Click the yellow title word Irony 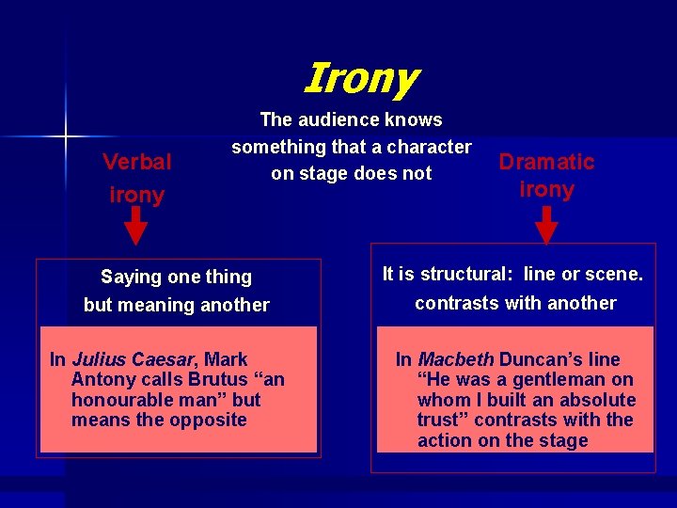tap(361, 78)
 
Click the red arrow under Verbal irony tap(136, 227)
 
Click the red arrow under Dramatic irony tap(546, 227)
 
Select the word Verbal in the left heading tap(137, 162)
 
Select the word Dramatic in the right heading tap(546, 162)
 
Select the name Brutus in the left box tap(226, 379)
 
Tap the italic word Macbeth tap(455, 359)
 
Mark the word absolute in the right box tap(597, 400)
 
